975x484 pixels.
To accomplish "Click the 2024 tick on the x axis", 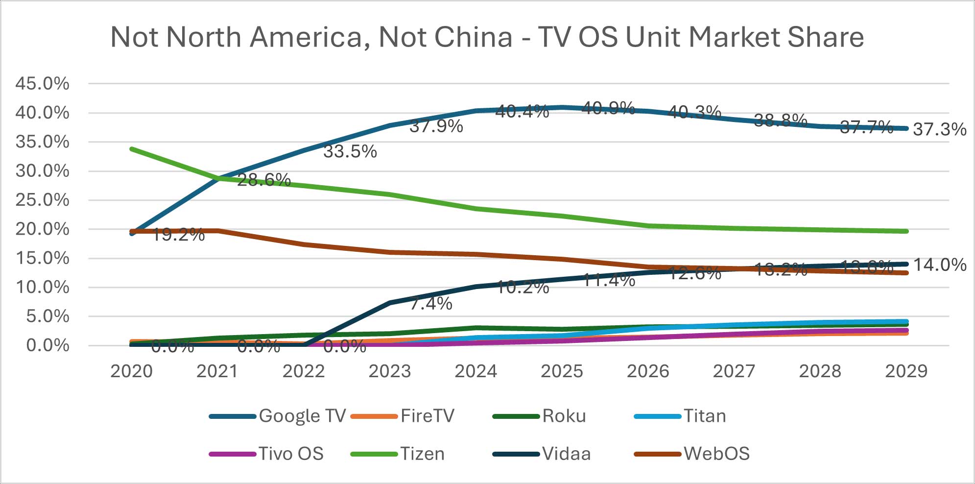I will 476,371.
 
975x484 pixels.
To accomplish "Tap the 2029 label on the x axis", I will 906,371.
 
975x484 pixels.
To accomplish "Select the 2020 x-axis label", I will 131,371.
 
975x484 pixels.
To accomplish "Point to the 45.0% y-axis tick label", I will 42,84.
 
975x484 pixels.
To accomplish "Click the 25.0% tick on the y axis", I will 42,200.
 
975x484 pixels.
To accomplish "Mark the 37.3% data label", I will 939,129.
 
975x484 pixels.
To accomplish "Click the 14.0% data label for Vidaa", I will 939,265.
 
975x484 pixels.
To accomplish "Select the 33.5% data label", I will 350,152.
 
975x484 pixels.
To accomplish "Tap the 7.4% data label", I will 430,304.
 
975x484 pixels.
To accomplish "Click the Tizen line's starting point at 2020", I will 132,148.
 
